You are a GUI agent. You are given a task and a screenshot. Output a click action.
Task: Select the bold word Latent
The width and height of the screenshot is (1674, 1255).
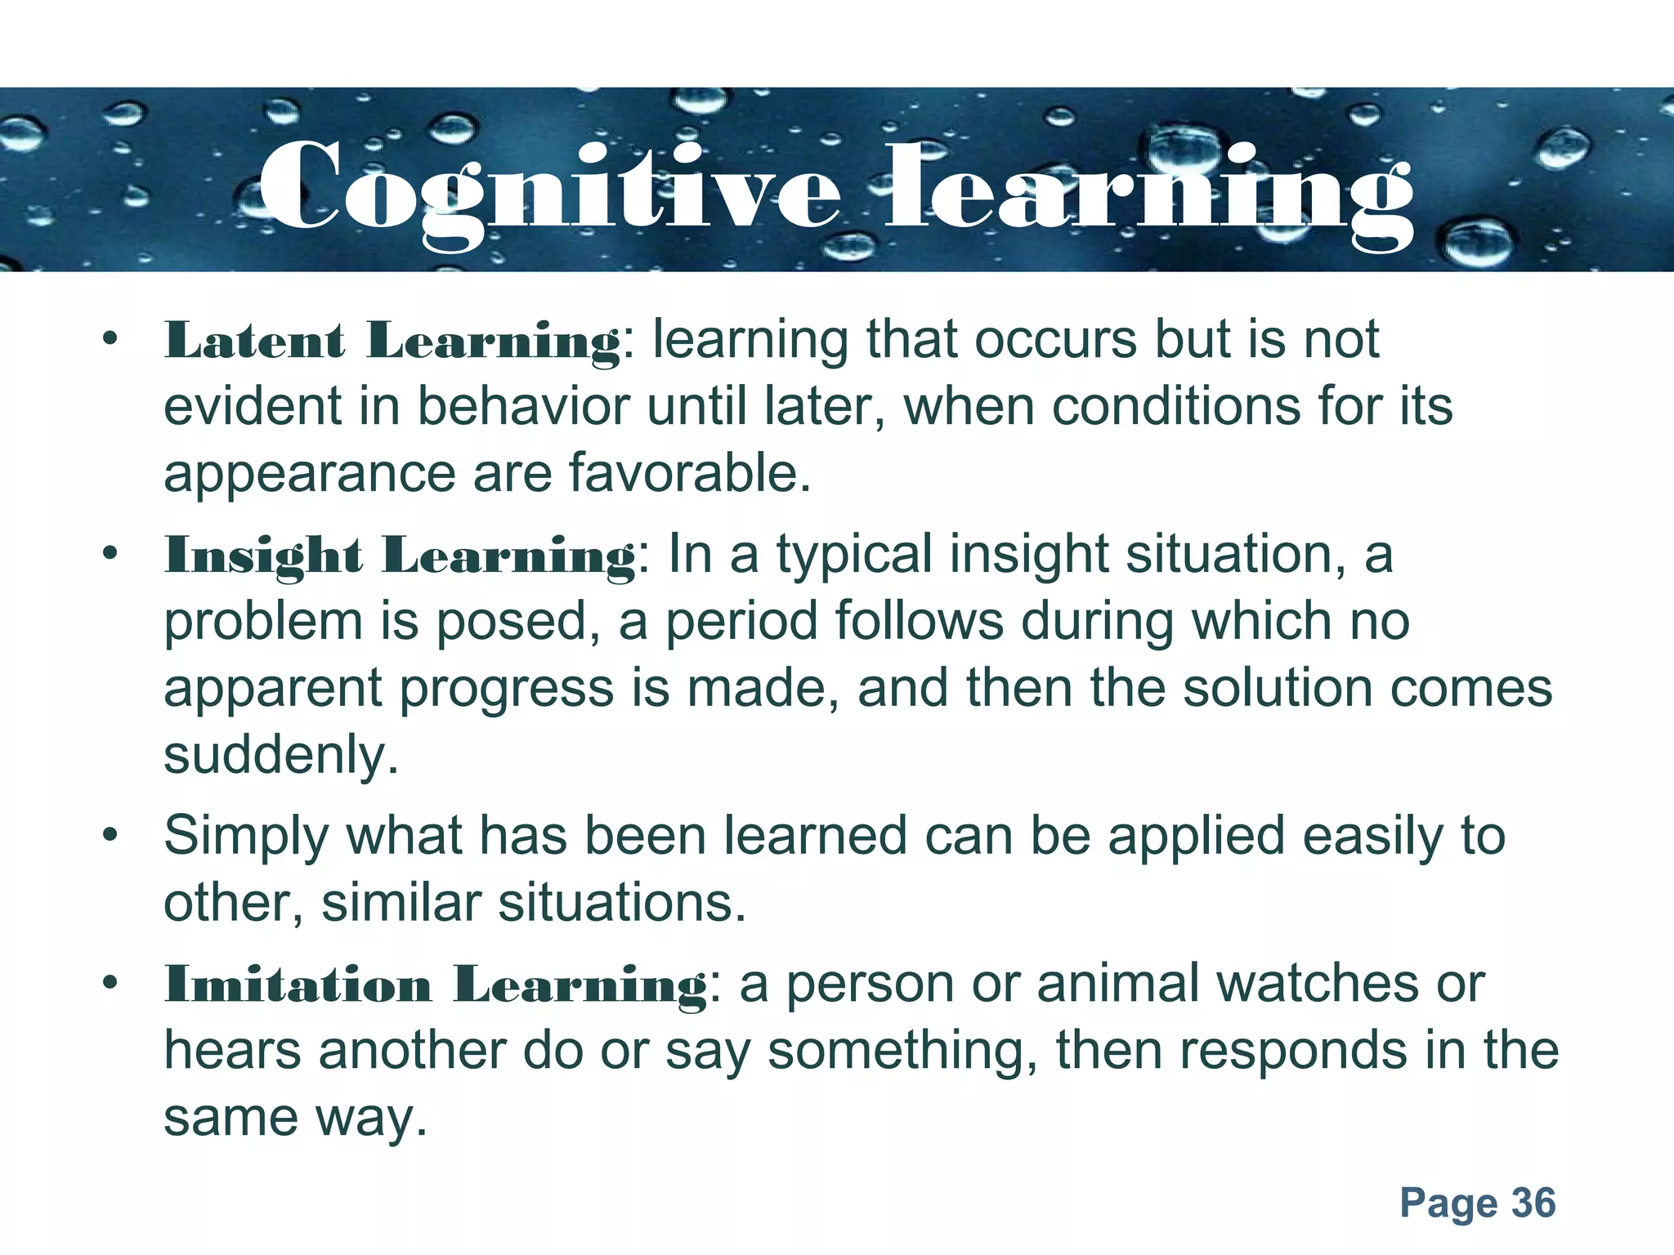point(254,341)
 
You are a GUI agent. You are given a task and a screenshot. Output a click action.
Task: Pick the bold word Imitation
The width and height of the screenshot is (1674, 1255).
point(298,985)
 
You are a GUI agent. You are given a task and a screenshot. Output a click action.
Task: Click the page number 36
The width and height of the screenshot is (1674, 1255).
point(1533,1203)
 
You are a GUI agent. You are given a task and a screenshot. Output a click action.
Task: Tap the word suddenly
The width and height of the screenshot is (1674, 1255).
point(281,755)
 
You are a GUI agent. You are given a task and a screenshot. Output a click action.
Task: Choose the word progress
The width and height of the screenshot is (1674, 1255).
point(507,689)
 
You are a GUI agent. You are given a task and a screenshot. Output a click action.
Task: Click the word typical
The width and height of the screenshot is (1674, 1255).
point(853,556)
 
